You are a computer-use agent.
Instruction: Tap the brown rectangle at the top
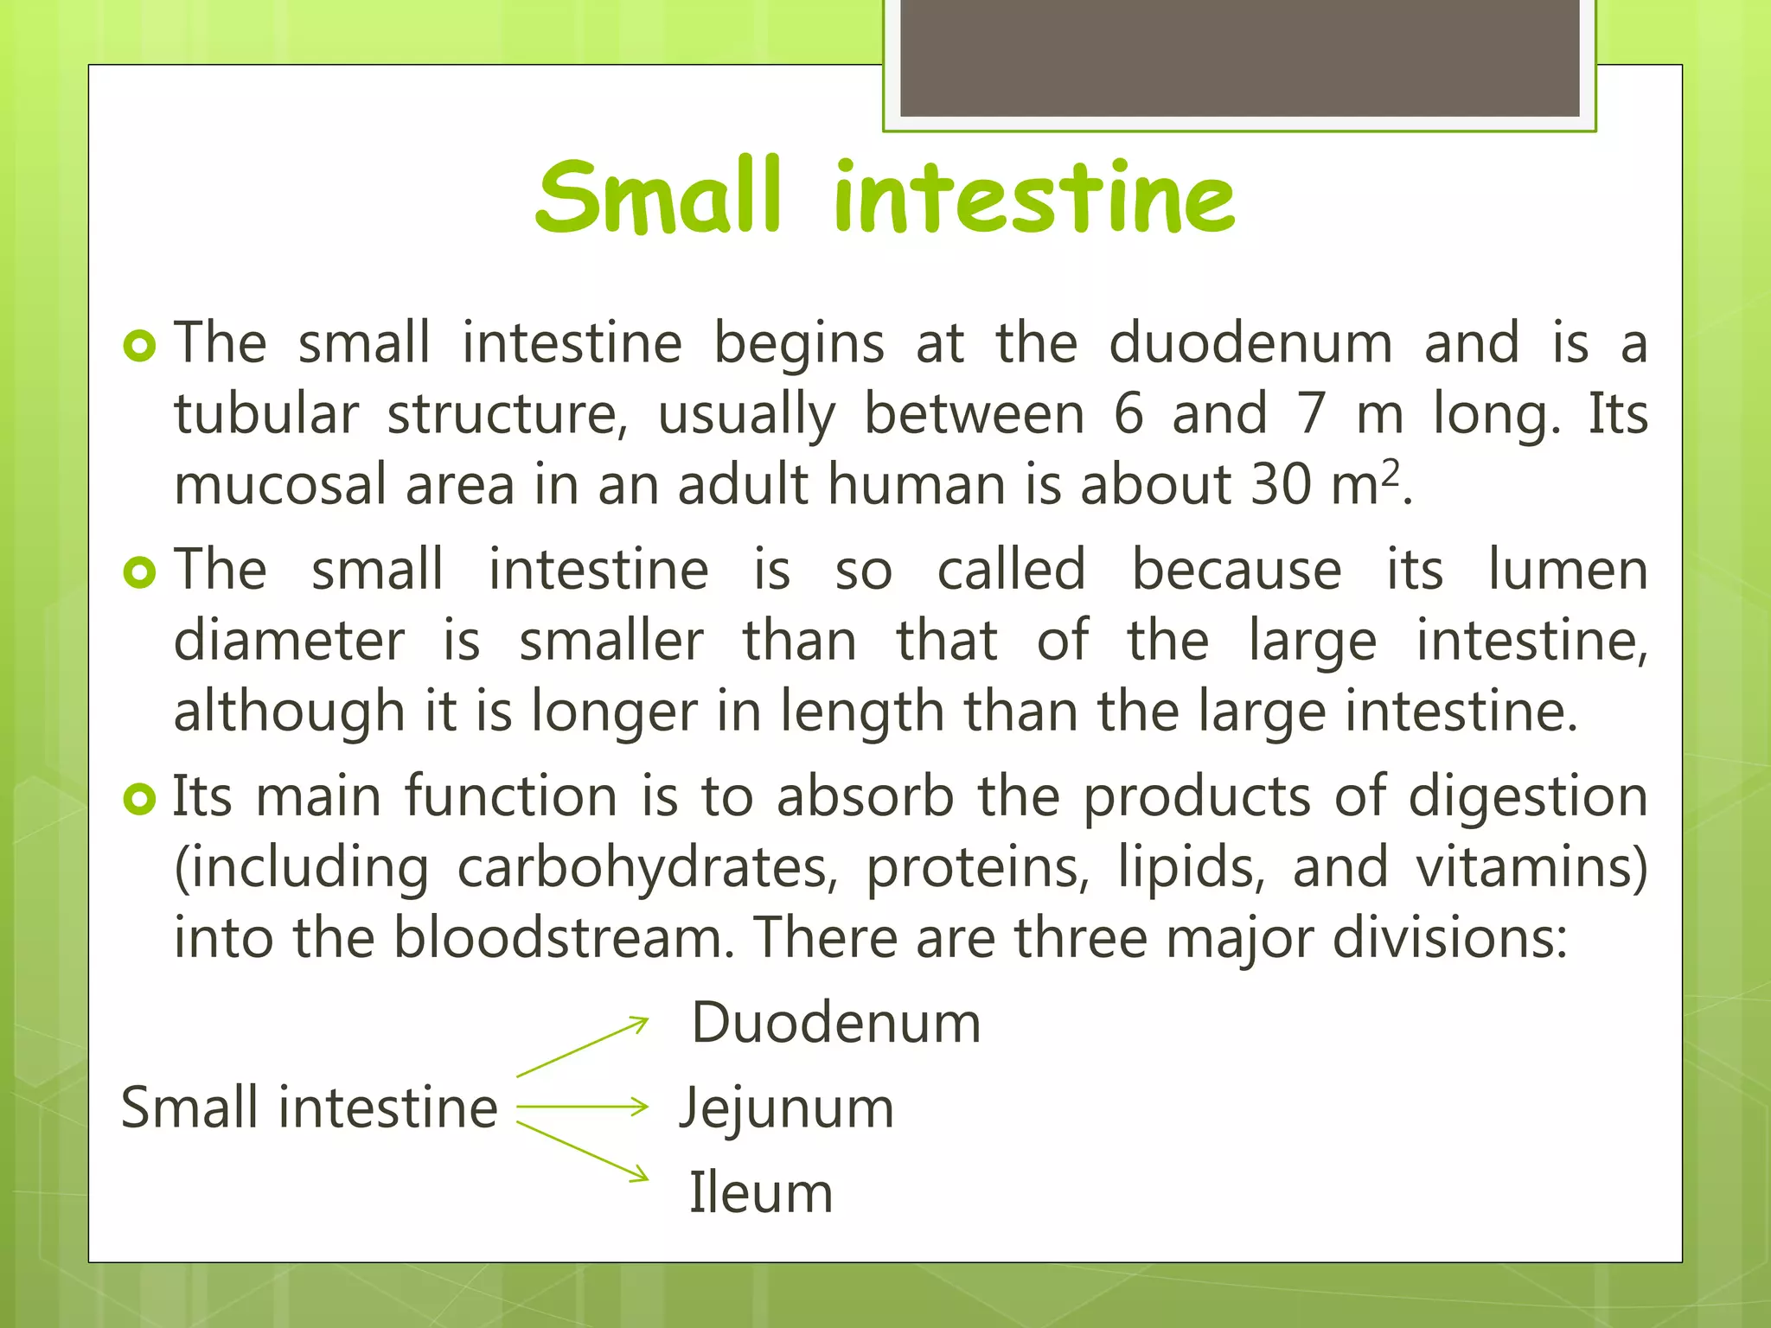point(1239,57)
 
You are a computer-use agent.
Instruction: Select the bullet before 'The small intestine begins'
point(139,346)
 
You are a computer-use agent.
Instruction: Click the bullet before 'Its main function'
point(139,799)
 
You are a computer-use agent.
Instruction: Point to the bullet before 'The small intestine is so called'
point(139,572)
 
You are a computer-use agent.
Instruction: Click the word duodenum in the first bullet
point(1250,343)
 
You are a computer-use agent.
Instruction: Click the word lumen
point(1567,571)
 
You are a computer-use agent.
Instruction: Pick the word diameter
point(289,642)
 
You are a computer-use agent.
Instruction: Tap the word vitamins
point(1531,868)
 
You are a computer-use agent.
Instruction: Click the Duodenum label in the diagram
point(836,1024)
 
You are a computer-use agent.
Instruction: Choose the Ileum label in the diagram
point(761,1194)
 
